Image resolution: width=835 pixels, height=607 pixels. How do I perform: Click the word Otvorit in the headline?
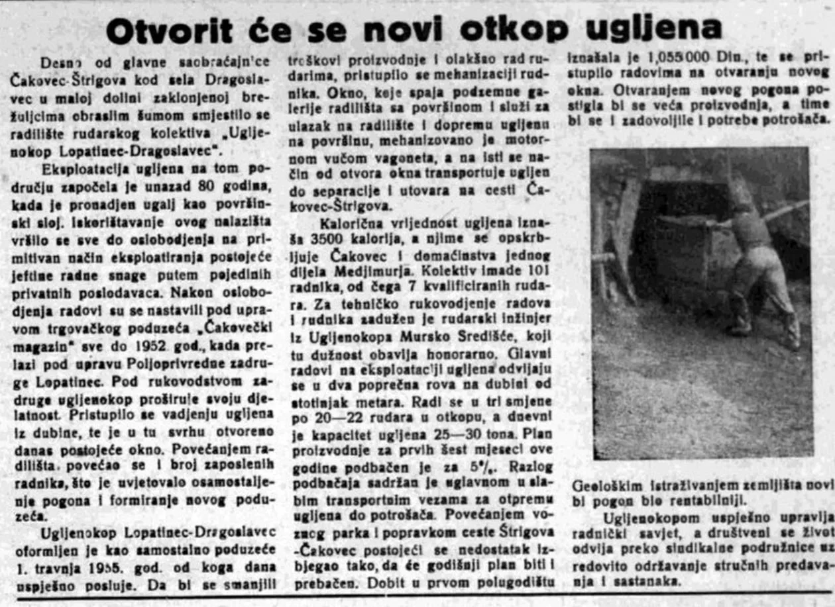tap(170, 30)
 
